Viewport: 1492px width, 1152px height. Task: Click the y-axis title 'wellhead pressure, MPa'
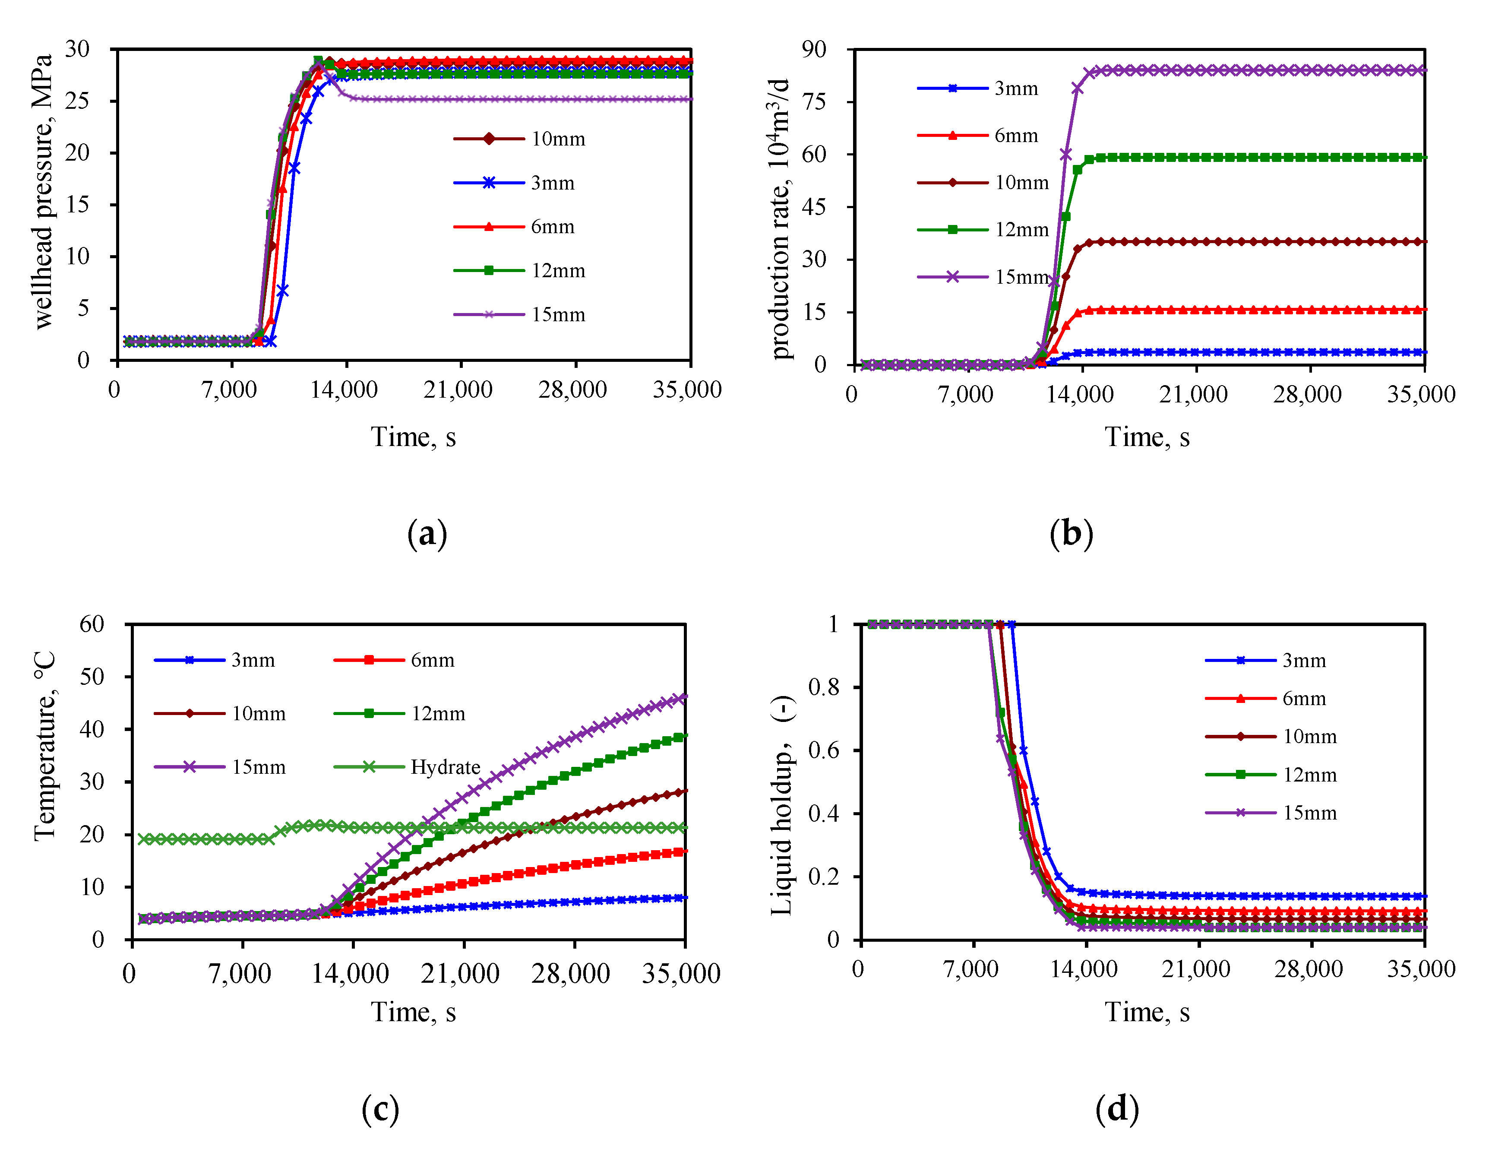tap(42, 191)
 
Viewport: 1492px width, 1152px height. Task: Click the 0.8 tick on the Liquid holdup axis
tap(823, 687)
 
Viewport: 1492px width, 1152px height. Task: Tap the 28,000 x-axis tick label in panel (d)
tap(1308, 969)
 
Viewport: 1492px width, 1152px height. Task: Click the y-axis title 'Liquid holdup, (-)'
tap(783, 806)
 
